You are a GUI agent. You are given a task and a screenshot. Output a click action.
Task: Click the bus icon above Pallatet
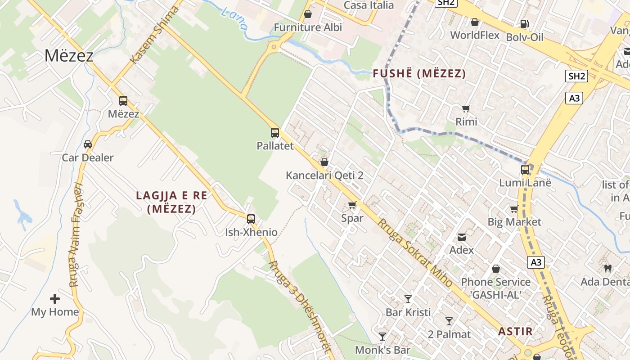275,133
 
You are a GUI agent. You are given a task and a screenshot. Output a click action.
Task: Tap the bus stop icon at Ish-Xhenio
251,219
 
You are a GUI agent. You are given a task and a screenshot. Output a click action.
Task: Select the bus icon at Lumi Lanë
525,170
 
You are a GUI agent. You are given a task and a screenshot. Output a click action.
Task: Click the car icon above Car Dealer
88,144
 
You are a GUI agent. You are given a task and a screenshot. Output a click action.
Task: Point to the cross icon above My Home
55,299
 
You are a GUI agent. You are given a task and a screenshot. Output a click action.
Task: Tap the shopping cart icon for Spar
352,205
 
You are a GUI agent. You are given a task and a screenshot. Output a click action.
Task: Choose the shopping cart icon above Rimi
466,108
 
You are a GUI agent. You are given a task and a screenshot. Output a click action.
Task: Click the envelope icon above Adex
462,237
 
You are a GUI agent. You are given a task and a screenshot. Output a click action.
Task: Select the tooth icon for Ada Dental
607,269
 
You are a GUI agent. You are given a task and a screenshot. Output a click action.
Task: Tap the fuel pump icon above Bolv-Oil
524,24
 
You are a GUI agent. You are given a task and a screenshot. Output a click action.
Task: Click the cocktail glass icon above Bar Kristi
408,299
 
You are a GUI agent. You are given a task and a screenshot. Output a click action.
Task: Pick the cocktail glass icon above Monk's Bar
382,337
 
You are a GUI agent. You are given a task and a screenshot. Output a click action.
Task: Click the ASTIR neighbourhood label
515,332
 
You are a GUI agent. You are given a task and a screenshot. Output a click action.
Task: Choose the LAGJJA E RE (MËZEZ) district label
171,202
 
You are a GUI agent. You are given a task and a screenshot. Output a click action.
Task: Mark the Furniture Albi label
308,27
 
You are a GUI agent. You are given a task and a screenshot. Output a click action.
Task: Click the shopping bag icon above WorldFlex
474,22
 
